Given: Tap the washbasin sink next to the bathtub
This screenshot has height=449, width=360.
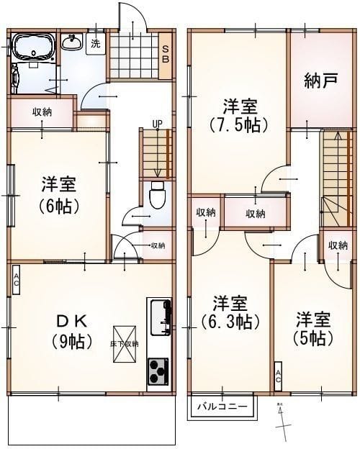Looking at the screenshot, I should coord(71,43).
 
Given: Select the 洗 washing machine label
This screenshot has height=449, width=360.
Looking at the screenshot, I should coord(96,43).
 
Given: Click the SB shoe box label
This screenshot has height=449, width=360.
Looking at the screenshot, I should coord(165,53).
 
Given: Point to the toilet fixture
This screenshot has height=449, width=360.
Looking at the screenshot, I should coord(156,195).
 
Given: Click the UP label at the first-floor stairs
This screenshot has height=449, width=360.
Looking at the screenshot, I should coord(156,123).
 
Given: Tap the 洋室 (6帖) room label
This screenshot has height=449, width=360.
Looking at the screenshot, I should coord(59,195).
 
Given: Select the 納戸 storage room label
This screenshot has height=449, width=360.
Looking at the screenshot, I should coord(320,81).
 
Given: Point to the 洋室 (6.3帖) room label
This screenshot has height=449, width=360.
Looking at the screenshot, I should coord(230,311).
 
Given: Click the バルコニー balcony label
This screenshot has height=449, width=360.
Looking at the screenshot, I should coord(223,407).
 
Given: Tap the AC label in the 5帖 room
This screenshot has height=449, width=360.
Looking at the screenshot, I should coord(279,376).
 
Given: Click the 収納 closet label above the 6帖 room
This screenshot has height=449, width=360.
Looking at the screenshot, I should coord(42,112).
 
